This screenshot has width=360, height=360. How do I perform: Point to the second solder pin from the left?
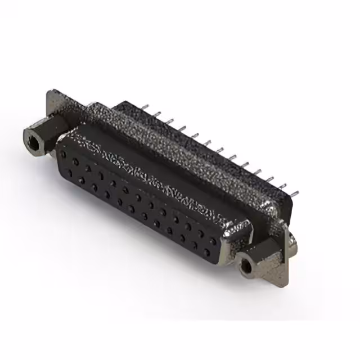(158, 115)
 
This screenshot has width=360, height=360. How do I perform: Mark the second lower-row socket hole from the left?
(81, 181)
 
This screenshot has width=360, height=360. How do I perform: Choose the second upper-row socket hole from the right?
(200, 233)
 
